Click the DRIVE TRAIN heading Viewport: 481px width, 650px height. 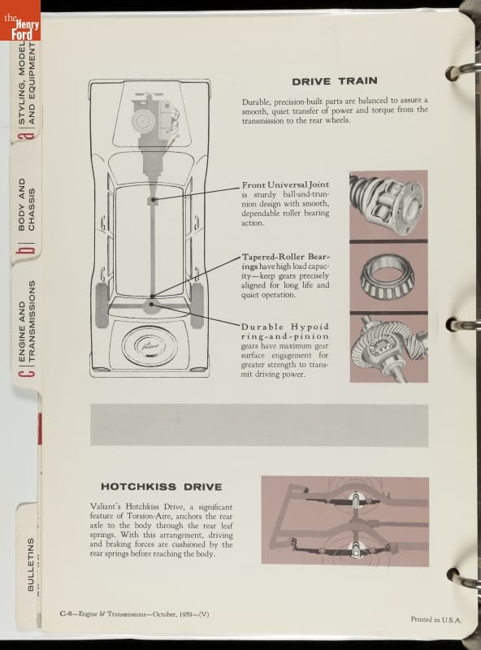coord(335,80)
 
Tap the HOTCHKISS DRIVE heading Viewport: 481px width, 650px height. coord(162,487)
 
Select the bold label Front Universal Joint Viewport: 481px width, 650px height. coord(285,184)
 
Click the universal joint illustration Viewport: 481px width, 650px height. coord(388,205)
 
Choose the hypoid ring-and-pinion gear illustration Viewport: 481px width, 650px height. coord(389,349)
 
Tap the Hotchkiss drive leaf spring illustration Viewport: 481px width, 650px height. coord(345,521)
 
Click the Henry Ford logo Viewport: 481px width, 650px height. coord(20,20)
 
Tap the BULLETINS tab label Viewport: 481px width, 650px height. coord(31,564)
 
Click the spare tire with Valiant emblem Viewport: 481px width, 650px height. coord(149,346)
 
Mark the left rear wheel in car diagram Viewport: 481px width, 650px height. coord(102,305)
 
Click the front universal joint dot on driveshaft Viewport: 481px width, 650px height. coord(153,200)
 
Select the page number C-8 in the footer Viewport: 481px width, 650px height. coord(67,614)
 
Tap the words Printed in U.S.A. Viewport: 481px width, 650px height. coord(435,620)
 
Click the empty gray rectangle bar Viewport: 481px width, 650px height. coord(259,425)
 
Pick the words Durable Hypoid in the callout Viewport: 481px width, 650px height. coord(285,327)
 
